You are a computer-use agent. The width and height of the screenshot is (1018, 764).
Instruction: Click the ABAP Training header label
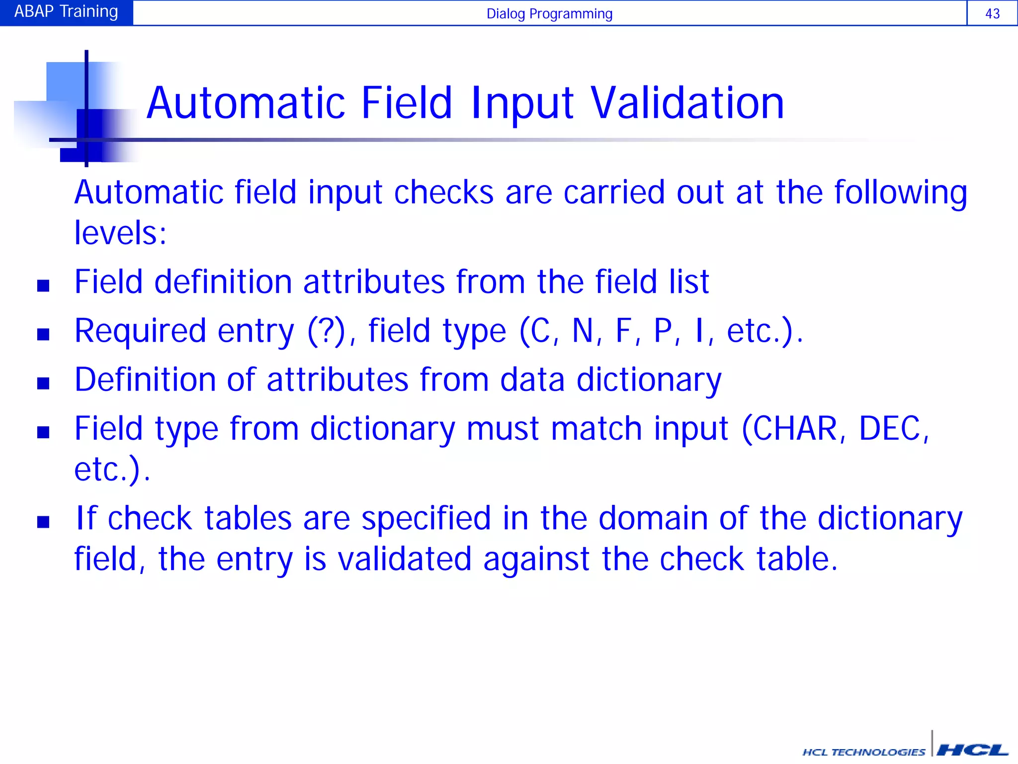point(66,11)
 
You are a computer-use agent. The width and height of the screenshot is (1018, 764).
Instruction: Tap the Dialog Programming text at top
point(549,13)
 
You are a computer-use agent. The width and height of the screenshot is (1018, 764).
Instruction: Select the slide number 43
point(992,13)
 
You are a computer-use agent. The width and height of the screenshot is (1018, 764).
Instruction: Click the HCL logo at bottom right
point(972,750)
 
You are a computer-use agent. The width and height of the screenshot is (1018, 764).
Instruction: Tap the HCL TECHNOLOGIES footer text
point(864,752)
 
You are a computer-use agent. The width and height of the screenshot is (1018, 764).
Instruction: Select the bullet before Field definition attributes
point(43,286)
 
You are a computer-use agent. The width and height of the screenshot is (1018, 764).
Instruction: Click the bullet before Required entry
point(43,334)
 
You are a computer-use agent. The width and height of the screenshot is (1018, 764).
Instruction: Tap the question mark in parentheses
point(326,331)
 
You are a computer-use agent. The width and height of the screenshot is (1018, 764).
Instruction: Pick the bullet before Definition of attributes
point(43,383)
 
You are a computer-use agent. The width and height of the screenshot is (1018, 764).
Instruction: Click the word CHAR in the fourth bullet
point(795,429)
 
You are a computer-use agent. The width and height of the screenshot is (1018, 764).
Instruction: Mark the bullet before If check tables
point(43,522)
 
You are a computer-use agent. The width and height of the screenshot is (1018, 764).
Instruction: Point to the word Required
point(140,331)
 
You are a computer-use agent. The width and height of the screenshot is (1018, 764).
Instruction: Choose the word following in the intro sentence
point(900,193)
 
